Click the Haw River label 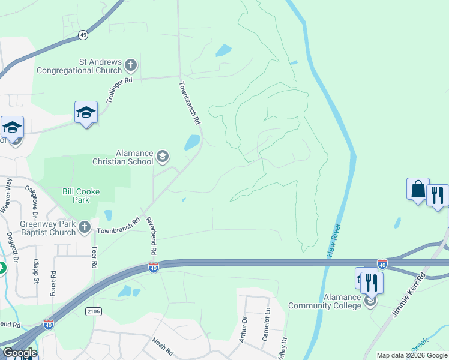pyautogui.click(x=334, y=241)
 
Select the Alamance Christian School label pyautogui.click(x=123, y=157)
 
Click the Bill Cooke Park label pyautogui.click(x=81, y=196)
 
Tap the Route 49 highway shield pyautogui.click(x=83, y=36)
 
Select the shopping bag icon pyautogui.click(x=417, y=190)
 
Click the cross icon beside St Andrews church pyautogui.click(x=130, y=65)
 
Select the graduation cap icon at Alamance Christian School pyautogui.click(x=162, y=157)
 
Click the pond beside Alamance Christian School pyautogui.click(x=191, y=143)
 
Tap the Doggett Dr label pyautogui.click(x=10, y=247)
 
